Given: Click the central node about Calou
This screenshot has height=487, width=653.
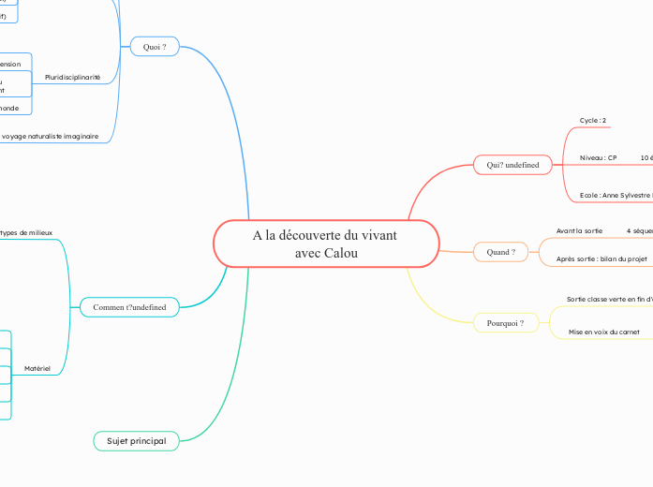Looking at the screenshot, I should pyautogui.click(x=326, y=244).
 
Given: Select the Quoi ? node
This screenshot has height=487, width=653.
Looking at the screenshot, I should pyautogui.click(x=155, y=47).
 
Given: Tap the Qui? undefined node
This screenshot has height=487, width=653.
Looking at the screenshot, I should pyautogui.click(x=512, y=165).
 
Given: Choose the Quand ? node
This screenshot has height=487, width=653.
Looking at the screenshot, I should pyautogui.click(x=501, y=252).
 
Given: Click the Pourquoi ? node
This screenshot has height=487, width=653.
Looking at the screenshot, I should pyautogui.click(x=506, y=323).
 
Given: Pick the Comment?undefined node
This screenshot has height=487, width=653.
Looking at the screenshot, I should pyautogui.click(x=129, y=307).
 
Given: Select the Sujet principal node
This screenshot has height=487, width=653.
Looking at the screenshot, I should pyautogui.click(x=136, y=440).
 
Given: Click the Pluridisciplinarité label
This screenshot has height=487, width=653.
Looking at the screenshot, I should pyautogui.click(x=72, y=77).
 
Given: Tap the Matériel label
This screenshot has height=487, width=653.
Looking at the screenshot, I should pyautogui.click(x=37, y=370).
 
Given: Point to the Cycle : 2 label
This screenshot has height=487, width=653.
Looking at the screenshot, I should pyautogui.click(x=593, y=121).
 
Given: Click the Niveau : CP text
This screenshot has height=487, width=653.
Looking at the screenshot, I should pyautogui.click(x=598, y=158).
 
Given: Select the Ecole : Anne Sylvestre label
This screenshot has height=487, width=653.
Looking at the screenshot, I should pyautogui.click(x=615, y=195).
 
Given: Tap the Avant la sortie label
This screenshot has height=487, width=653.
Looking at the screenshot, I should pyautogui.click(x=579, y=230).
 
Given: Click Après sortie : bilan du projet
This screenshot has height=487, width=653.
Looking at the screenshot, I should pyautogui.click(x=601, y=258).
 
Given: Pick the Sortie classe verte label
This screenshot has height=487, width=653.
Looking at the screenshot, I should pyautogui.click(x=608, y=300).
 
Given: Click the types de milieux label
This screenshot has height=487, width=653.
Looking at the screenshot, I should pyautogui.click(x=27, y=231).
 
